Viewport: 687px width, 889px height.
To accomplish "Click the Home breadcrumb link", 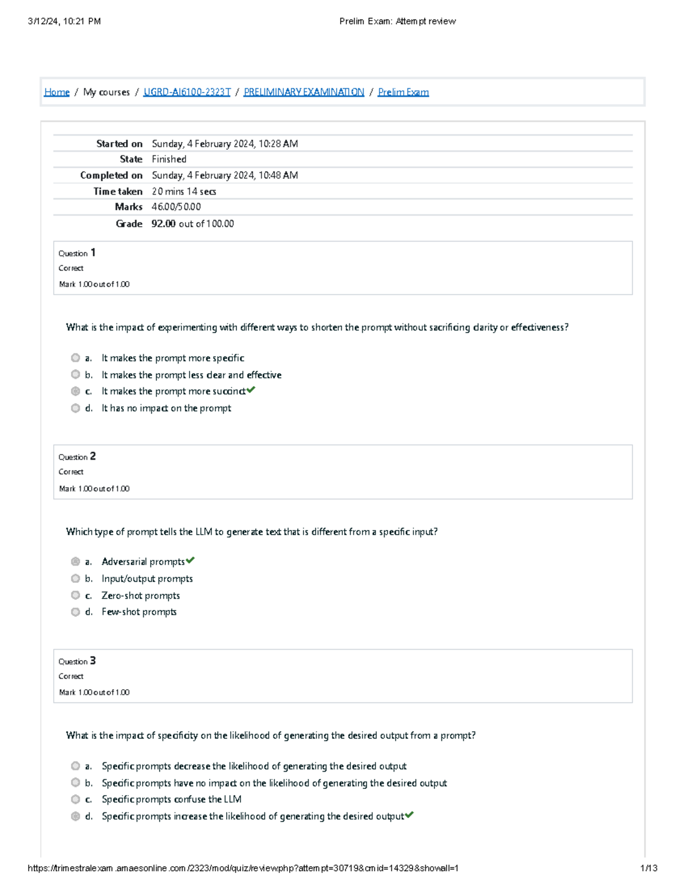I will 57,92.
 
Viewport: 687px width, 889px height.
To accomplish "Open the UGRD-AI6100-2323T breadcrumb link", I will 187,92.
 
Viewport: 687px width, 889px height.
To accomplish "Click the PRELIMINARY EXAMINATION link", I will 303,92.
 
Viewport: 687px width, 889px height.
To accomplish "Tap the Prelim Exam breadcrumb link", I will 403,92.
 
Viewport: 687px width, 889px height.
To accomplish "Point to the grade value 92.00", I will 163,224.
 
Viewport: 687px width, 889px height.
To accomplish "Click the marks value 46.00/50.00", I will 176,207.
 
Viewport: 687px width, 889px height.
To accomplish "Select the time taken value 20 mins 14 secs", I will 183,191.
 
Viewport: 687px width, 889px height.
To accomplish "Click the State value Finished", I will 169,159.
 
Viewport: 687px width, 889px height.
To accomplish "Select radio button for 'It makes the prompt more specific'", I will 76,358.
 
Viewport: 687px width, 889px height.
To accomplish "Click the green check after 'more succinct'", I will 251,390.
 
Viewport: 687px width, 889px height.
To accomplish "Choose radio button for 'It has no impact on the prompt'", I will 76,408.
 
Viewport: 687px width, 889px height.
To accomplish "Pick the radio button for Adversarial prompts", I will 76,562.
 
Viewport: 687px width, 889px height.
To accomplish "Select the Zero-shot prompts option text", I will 140,595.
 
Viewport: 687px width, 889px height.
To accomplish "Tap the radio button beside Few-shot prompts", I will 76,612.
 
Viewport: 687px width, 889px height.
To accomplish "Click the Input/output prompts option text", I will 147,579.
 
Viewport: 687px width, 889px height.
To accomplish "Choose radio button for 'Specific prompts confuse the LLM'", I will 76,799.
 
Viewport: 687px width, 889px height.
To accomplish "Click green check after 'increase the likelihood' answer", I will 409,815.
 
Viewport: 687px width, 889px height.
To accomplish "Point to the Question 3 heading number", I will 93,661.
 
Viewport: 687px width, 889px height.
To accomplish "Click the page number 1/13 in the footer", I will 648,868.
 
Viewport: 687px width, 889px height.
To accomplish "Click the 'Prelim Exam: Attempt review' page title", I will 397,21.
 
